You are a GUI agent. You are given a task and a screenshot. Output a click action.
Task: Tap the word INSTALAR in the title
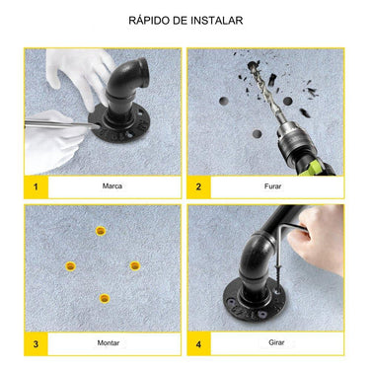tap(219, 20)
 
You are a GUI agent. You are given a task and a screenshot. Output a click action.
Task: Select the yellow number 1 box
tap(36, 186)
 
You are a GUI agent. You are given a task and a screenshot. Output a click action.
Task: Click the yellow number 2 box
tap(198, 186)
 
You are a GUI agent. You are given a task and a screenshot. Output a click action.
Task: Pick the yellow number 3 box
tap(36, 343)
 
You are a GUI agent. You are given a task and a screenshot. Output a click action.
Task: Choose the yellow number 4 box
tap(198, 343)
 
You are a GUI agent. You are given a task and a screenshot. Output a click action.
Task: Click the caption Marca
tap(112, 186)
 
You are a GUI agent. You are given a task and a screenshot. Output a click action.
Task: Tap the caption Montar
tap(110, 343)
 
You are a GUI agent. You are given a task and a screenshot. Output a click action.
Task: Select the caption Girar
tap(275, 343)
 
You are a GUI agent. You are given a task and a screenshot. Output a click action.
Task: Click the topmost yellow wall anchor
tap(101, 231)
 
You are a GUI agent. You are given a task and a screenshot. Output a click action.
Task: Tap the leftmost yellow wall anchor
tap(69, 266)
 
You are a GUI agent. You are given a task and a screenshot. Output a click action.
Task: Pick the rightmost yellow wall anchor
tap(135, 265)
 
